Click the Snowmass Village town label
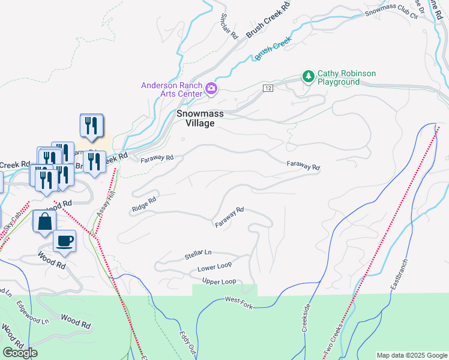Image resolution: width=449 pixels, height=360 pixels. click(x=195, y=118)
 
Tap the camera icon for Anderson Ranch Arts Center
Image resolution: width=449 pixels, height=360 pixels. click(x=211, y=89)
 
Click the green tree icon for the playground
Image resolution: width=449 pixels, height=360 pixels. click(x=308, y=77)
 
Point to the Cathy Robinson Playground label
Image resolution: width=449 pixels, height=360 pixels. click(x=346, y=77)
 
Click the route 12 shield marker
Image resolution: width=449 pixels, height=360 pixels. click(x=268, y=88)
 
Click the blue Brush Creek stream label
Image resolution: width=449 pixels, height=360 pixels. click(x=273, y=50)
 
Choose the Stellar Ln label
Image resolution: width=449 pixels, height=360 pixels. click(x=198, y=256)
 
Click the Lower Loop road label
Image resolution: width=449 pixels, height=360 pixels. click(x=214, y=268)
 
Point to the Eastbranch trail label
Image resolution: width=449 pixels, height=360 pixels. click(x=398, y=275)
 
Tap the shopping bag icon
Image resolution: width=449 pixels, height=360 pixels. click(x=45, y=221)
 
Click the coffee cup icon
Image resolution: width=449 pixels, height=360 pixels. click(x=65, y=241)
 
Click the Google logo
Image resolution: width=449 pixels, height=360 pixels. click(x=20, y=353)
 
